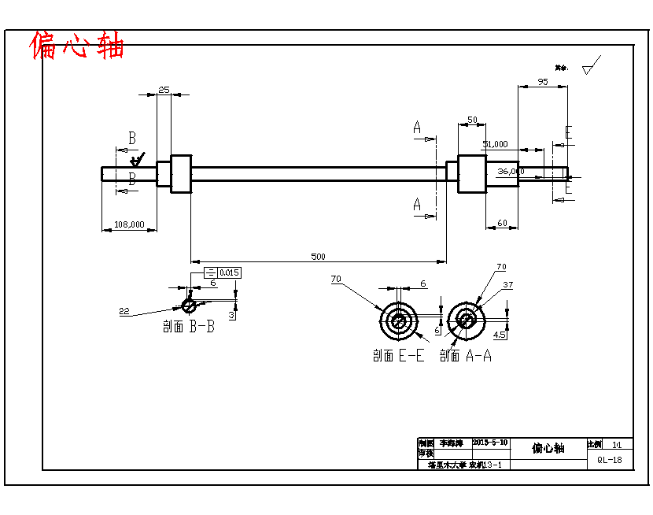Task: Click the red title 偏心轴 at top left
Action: (77, 46)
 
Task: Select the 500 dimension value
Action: (318, 257)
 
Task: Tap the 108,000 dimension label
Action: (129, 224)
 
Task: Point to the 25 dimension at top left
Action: (164, 90)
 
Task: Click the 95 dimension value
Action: (542, 82)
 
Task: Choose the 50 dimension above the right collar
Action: (472, 120)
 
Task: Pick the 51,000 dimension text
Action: (495, 144)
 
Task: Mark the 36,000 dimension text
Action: (511, 171)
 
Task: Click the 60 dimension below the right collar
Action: (502, 224)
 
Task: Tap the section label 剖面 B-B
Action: (189, 327)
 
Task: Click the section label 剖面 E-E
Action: (398, 356)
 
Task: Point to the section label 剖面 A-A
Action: (465, 356)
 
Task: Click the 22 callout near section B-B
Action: (124, 311)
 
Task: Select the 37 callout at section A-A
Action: (507, 284)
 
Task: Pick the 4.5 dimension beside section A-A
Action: (499, 334)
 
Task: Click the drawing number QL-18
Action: (610, 460)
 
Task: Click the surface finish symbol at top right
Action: (591, 65)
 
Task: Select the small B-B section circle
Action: (189, 305)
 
